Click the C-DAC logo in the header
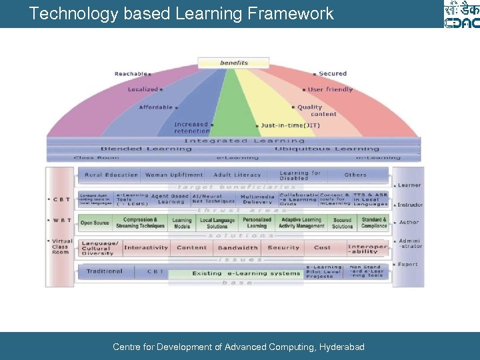coord(461,15)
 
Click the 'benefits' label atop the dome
coord(234,63)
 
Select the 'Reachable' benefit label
coord(131,74)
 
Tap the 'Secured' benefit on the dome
coord(332,74)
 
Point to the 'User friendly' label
coord(329,89)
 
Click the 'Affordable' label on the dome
coord(155,107)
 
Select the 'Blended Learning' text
coord(137,149)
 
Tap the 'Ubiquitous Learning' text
coord(327,149)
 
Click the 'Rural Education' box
coord(111,175)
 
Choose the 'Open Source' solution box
coord(95,223)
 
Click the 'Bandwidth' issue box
coord(237,248)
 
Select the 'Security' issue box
coord(283,248)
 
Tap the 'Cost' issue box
coord(322,248)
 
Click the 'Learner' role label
coord(409,185)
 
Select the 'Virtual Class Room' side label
coord(61,247)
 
